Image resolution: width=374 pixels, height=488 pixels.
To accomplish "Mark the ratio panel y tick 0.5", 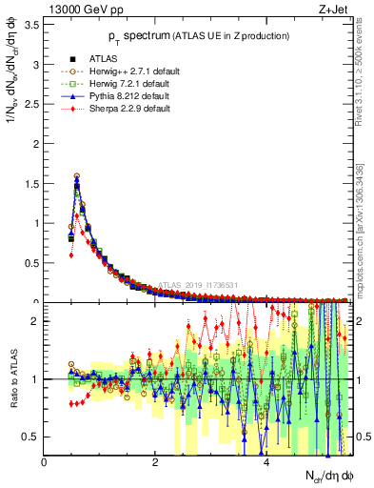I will tap(31, 437).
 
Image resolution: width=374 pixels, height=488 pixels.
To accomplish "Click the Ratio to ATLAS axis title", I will tap(12, 378).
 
